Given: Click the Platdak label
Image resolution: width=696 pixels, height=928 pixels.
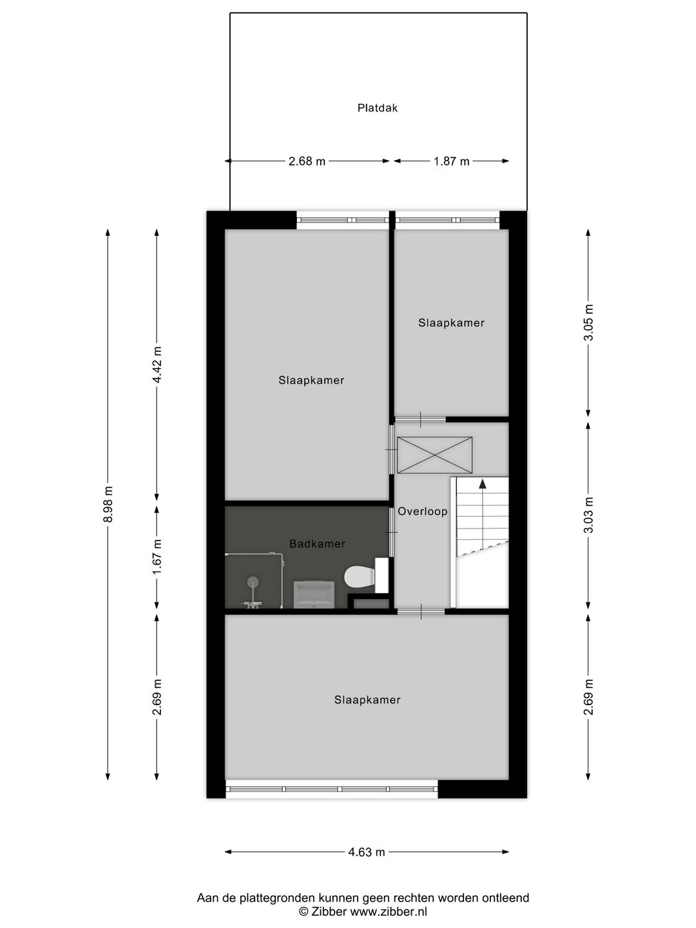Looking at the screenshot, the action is point(377,108).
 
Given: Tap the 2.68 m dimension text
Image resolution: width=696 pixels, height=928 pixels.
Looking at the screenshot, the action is point(307,161).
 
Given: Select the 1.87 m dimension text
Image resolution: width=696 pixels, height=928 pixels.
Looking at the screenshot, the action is point(451,161).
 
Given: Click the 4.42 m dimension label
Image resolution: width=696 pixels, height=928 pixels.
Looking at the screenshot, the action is point(157,365).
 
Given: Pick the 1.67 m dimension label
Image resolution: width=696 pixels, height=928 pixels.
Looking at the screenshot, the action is point(157,557).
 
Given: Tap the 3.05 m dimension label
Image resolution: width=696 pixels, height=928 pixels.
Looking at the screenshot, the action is point(588,322).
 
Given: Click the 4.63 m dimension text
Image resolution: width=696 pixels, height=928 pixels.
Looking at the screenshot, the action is point(367,851).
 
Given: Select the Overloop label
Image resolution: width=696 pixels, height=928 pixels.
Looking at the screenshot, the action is point(423,511).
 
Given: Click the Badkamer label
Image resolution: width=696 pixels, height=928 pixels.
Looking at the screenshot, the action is point(317,543).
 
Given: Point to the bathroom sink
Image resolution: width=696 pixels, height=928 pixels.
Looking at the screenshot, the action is point(314,595).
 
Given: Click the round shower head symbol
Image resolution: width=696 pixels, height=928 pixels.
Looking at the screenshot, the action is point(253,583).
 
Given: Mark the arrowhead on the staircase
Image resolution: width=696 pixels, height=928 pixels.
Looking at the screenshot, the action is point(482,484).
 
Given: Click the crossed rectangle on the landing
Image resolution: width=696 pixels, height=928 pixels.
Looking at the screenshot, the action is point(434,456).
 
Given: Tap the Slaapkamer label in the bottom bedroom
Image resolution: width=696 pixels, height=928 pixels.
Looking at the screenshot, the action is point(367,700).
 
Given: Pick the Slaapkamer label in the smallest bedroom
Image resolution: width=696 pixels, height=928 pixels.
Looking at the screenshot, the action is point(451,323).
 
